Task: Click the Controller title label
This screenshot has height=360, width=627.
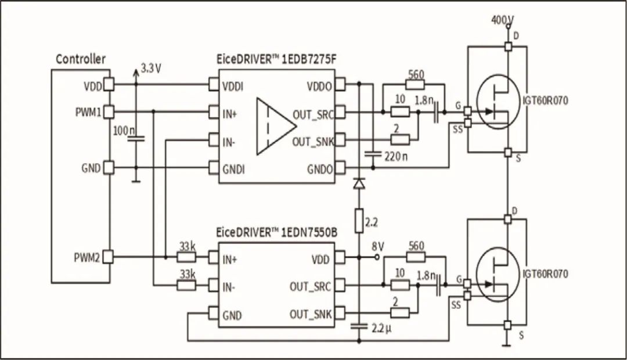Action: (x=81, y=59)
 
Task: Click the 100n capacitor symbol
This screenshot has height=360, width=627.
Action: (x=136, y=139)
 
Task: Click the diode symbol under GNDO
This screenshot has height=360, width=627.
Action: (x=358, y=183)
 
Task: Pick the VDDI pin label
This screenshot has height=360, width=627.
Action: (x=233, y=87)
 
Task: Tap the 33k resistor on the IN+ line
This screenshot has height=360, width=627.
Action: (x=186, y=256)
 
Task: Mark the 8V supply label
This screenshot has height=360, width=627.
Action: (x=379, y=246)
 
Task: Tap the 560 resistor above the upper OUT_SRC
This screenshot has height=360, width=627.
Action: (x=415, y=85)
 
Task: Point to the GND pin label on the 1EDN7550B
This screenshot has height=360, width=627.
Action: (x=232, y=316)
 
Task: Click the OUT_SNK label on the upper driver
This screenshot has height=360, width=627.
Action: (x=312, y=141)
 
